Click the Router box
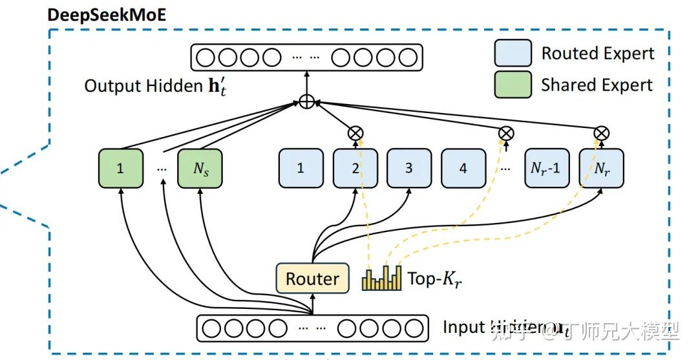tap(312, 279)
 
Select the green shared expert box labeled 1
tap(120, 168)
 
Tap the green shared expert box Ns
tap(201, 168)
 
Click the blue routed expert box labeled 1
tap(301, 168)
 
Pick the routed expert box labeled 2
tap(355, 168)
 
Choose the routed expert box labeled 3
tap(408, 168)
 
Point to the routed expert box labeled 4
tap(463, 168)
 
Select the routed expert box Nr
tap(601, 168)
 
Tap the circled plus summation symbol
tap(307, 101)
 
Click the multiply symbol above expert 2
tap(355, 133)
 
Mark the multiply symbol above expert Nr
tap(601, 133)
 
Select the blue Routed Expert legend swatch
tap(513, 53)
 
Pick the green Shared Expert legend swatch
tap(513, 85)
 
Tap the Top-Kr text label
tap(434, 279)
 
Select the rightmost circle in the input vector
tap(414, 327)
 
